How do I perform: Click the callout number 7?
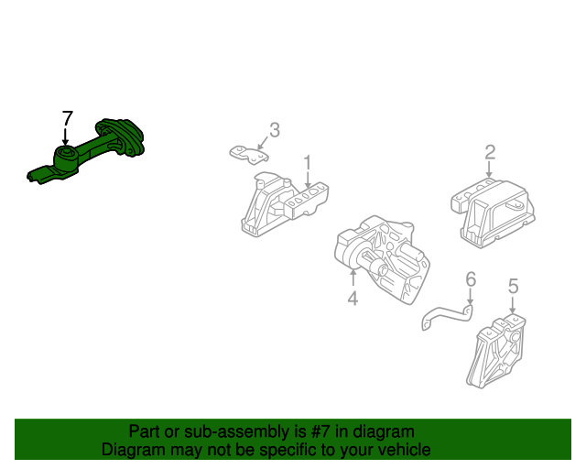[67, 118]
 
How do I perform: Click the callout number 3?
[275, 130]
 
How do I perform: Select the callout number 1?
[308, 163]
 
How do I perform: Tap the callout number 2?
[490, 152]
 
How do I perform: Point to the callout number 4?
[353, 298]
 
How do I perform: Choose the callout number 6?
[471, 279]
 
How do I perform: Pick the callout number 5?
[514, 286]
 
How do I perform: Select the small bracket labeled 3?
[248, 154]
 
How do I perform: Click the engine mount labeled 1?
[284, 204]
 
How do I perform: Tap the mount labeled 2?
[494, 213]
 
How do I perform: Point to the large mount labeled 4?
[381, 258]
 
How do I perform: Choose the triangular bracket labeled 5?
[497, 352]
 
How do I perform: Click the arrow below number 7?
[66, 136]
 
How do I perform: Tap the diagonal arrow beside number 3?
[263, 143]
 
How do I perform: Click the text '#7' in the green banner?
[320, 432]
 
